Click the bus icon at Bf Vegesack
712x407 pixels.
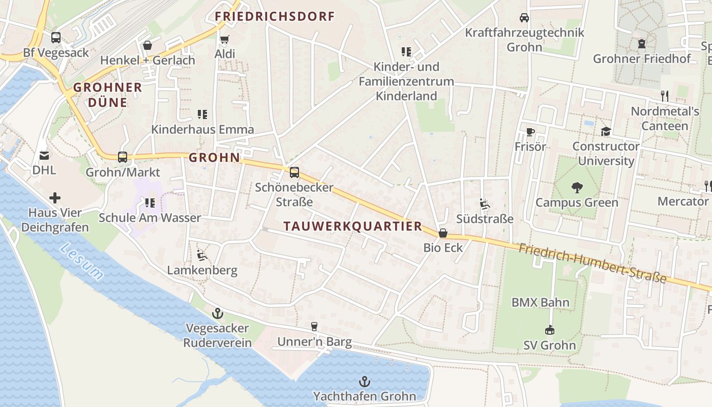coord(56,38)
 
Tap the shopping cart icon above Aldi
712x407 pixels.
coord(224,39)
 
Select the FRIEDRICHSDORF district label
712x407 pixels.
coord(275,16)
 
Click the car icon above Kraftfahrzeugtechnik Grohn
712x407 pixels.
coord(524,18)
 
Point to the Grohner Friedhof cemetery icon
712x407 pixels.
coord(641,44)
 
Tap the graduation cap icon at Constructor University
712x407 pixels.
coord(605,132)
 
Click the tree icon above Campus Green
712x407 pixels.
coord(577,188)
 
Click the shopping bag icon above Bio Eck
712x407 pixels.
coord(443,234)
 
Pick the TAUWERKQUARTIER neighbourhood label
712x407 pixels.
coord(353,226)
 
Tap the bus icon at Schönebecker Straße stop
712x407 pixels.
coord(294,172)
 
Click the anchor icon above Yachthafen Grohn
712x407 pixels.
coord(364,382)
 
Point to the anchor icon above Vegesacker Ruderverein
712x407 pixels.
coord(218,313)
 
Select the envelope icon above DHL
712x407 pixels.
coord(44,155)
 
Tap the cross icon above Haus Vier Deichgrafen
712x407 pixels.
coord(55,198)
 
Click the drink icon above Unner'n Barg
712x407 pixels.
coord(314,327)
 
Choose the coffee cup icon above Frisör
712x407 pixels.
coord(530,132)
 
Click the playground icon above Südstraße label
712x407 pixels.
coord(485,205)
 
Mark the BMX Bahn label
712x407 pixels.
coord(540,302)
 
